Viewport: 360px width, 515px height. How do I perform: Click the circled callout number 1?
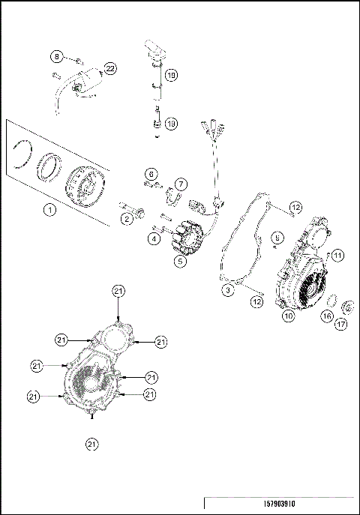pos(49,210)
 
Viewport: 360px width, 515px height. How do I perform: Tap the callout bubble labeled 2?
pos(127,218)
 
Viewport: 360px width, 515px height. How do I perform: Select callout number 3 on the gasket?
pos(225,289)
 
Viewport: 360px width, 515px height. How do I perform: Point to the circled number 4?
pos(153,238)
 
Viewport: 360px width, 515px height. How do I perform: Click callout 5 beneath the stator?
pos(180,262)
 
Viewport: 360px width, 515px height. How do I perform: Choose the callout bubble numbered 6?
pos(151,174)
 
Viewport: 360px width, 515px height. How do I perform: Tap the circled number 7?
pos(180,183)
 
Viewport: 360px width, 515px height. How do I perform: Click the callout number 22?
pos(110,69)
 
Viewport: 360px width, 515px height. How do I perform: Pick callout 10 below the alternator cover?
pos(288,316)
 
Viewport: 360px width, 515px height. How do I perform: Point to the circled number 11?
pos(337,255)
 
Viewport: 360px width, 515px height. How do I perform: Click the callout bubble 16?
pos(327,316)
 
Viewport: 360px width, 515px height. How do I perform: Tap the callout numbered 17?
pos(341,325)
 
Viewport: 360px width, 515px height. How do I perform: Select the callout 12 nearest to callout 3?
pos(257,301)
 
